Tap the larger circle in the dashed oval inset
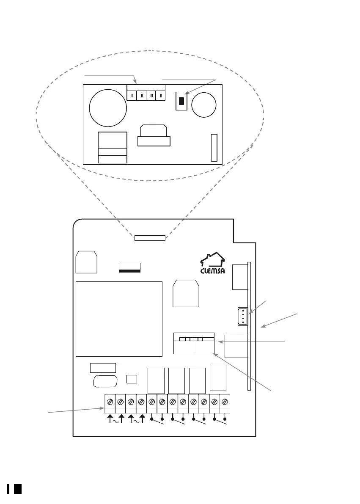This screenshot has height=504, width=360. [108, 107]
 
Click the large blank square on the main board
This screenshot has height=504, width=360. [119, 319]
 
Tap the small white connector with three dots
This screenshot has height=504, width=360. [242, 317]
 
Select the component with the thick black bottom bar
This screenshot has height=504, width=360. [129, 267]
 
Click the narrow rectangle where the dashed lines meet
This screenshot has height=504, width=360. [149, 238]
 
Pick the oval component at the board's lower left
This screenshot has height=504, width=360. [105, 381]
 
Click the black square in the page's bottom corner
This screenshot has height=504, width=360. [17, 489]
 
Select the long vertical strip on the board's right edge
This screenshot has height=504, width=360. [250, 326]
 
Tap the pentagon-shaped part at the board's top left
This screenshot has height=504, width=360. [86, 263]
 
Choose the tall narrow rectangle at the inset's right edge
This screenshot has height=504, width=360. [214, 148]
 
